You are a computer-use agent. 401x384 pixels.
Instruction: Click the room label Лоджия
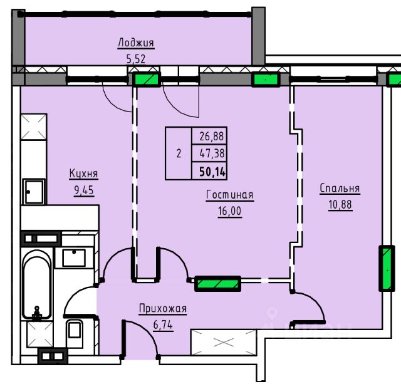click(136, 43)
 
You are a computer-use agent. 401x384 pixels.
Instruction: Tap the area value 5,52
click(136, 59)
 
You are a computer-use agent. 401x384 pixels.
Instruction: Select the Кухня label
click(83, 174)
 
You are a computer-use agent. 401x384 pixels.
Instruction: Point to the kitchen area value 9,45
click(84, 190)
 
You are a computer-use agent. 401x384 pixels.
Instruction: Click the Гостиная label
click(230, 195)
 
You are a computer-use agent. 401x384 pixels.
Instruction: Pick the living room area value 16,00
click(230, 212)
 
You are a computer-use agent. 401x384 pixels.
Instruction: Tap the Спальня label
click(340, 189)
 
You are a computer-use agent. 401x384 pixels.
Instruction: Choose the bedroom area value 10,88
click(340, 205)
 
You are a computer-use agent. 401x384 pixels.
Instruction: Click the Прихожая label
click(163, 309)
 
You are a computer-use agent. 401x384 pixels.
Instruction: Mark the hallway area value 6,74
click(163, 325)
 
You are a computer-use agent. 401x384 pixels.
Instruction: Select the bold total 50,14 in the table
click(212, 172)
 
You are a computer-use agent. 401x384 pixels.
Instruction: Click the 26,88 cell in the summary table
click(212, 137)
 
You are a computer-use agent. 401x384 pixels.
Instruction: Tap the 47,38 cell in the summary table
click(212, 153)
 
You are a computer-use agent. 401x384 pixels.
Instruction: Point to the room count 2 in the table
click(179, 153)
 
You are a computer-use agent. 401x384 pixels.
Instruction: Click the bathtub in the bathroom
click(36, 284)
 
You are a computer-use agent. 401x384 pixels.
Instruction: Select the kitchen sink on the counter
click(34, 192)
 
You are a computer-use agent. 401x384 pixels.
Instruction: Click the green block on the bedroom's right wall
click(387, 268)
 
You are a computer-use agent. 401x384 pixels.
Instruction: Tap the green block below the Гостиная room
click(218, 284)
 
